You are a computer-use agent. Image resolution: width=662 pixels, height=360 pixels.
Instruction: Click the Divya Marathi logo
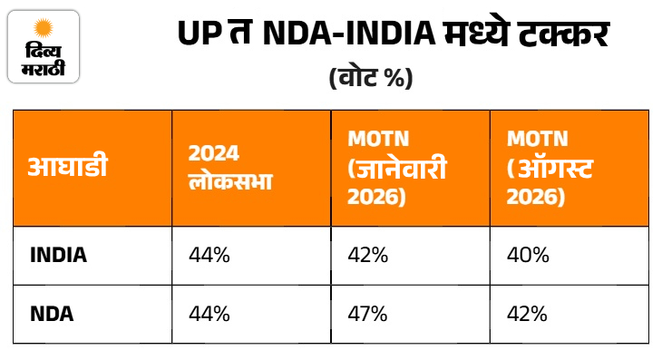click(44, 46)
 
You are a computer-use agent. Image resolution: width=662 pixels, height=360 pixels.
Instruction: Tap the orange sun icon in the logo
click(44, 28)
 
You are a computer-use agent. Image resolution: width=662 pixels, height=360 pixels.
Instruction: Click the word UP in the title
click(200, 34)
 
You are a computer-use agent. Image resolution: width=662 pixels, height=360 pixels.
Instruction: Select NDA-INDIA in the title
click(349, 34)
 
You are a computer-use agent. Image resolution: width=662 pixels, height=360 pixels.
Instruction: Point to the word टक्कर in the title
click(564, 34)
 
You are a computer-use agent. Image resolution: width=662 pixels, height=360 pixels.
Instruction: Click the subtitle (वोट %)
click(371, 78)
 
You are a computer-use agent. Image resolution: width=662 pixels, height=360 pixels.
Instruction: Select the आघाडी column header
click(68, 167)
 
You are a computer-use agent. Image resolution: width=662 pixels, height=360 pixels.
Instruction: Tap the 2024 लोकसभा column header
click(230, 168)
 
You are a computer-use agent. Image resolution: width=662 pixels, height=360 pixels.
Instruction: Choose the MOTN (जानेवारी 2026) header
click(397, 168)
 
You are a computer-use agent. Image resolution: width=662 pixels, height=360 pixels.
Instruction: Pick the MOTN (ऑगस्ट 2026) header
click(550, 168)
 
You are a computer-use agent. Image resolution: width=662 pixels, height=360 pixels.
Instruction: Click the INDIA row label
click(58, 256)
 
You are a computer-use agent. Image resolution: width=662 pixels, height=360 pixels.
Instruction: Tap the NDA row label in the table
click(52, 314)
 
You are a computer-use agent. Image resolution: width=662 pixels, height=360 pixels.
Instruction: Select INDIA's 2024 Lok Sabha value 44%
click(209, 256)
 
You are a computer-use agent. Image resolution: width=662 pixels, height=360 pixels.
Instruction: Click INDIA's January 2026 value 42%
click(368, 256)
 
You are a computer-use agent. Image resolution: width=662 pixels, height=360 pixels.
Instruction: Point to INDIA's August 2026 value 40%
click(528, 256)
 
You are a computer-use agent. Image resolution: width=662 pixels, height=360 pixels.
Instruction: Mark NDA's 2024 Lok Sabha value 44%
click(209, 314)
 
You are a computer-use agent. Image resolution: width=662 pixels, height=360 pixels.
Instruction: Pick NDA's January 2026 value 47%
click(367, 314)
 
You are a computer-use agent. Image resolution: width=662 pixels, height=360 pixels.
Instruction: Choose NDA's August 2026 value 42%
click(527, 314)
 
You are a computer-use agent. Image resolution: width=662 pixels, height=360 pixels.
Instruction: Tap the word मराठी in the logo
click(44, 68)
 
